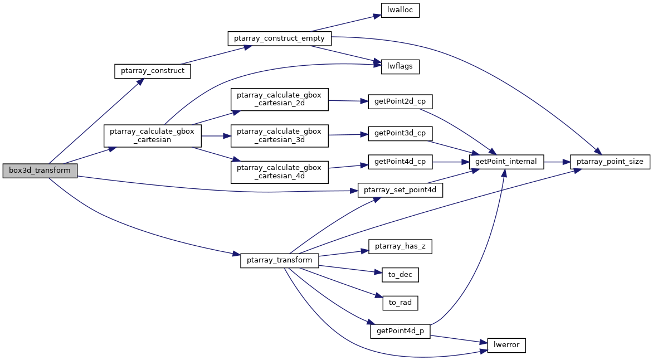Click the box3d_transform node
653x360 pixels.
click(x=40, y=171)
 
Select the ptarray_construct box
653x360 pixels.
click(x=153, y=71)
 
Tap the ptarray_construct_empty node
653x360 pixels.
click(x=280, y=38)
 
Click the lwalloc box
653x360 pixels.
click(x=400, y=11)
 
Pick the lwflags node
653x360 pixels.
click(x=400, y=67)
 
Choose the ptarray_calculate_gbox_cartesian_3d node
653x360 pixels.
click(x=279, y=135)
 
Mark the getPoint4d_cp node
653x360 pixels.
click(x=400, y=162)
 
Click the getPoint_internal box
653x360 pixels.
click(x=506, y=162)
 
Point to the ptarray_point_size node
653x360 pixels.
click(x=610, y=162)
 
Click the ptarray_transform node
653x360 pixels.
click(x=280, y=261)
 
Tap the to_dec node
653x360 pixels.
click(x=400, y=274)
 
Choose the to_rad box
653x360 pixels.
click(x=400, y=303)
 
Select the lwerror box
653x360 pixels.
click(x=506, y=345)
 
